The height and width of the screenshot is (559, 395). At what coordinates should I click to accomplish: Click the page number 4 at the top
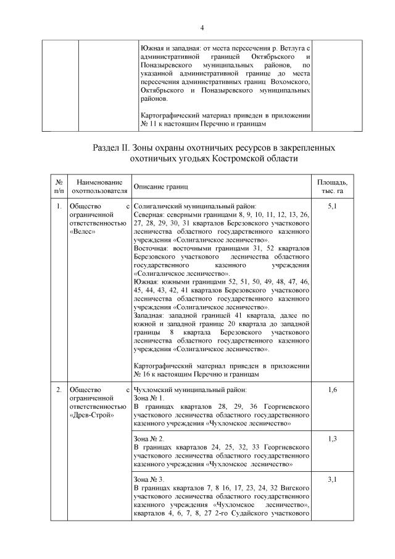(202, 27)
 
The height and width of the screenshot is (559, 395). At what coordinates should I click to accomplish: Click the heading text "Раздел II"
(111, 149)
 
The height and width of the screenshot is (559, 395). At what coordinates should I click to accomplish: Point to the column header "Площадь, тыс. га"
(332, 187)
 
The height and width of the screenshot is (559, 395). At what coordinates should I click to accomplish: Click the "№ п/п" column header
(59, 187)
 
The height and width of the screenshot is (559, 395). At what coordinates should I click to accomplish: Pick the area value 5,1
(332, 205)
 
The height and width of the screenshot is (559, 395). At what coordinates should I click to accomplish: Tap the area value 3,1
(332, 479)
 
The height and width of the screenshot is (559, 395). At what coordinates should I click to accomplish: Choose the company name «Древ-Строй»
(90, 414)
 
